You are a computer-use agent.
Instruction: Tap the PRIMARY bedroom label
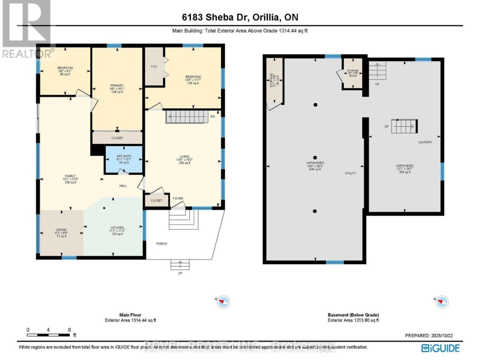pos(117,85)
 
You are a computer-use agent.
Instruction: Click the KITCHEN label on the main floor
pos(117,227)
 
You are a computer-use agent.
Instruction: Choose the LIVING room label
pos(184,156)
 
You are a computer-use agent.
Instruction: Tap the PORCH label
pos(161,244)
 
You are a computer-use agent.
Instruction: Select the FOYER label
pos(178,198)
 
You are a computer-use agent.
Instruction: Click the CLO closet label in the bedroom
pos(154,66)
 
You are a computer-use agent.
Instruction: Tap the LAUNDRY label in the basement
pos(425,142)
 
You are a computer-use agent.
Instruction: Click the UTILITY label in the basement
pos(351,173)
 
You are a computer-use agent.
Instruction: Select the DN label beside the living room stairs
pos(212,117)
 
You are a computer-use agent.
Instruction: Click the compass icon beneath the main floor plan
pos(224,302)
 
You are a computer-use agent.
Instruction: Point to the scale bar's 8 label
pos(69,330)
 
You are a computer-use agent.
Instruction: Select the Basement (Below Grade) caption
pos(353,315)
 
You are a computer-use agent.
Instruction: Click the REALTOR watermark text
pos(28,53)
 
